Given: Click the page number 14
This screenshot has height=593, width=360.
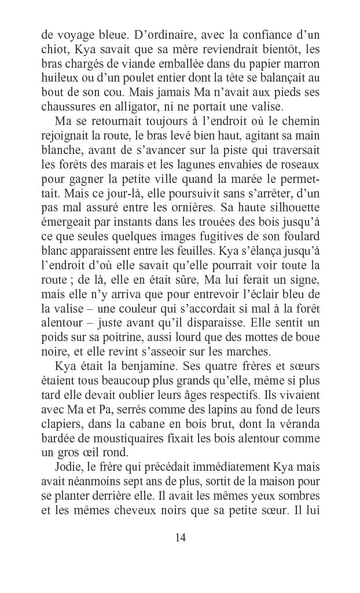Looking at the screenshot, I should (180, 537).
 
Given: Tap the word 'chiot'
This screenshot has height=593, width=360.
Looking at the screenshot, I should (53, 47).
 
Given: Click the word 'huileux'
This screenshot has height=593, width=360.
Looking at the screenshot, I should (57, 77).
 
